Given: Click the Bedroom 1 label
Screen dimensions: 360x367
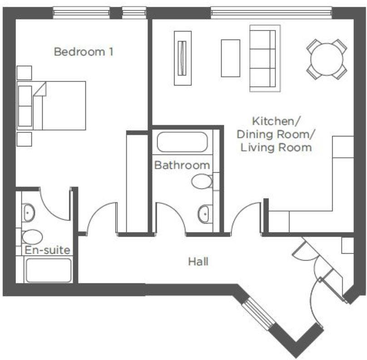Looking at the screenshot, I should point(83,52).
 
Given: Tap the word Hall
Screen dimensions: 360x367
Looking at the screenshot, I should point(198,262).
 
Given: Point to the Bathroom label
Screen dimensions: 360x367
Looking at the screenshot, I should point(182,165).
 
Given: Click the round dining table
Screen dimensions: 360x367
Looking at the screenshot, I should point(327,59).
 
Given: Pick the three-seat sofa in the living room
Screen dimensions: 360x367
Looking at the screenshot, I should point(264,58).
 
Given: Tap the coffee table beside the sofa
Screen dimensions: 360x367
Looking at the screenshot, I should point(230,58).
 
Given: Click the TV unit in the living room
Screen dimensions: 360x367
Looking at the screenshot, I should point(183,58).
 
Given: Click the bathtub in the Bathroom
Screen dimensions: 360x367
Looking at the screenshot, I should point(182,142).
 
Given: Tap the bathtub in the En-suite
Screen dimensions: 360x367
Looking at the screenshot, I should point(48,270).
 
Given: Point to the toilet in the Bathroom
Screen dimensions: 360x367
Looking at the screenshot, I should point(201,182).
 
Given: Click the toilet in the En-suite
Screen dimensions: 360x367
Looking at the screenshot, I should point(32,237).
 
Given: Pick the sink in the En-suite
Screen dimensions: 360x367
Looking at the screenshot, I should point(29,212).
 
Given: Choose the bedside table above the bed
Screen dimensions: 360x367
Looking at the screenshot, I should point(24,73).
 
